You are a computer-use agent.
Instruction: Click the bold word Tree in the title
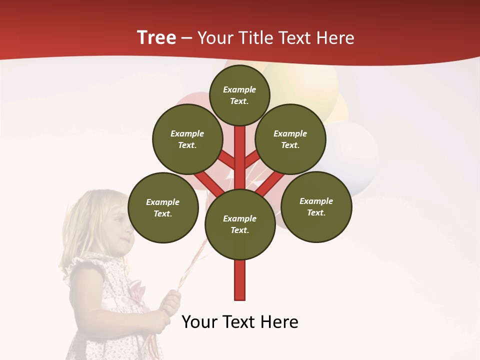pyautogui.click(x=156, y=38)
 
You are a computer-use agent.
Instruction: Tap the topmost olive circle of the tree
pyautogui.click(x=239, y=95)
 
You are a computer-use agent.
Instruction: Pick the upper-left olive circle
pyautogui.click(x=187, y=139)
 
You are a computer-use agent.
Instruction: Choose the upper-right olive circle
pyautogui.click(x=290, y=139)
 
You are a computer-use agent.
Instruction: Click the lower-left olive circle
pyautogui.click(x=163, y=207)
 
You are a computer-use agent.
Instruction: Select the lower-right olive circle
pyautogui.click(x=316, y=206)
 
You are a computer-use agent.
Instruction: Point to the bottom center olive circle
pyautogui.click(x=240, y=224)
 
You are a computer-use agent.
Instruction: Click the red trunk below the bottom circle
pyautogui.click(x=240, y=280)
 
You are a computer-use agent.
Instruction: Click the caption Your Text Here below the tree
pyautogui.click(x=240, y=322)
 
